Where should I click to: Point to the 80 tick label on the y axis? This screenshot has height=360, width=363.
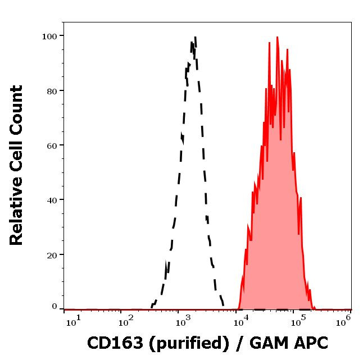point(51,90)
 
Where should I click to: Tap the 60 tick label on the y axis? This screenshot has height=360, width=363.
point(51,145)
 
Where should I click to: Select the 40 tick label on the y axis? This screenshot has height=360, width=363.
point(51,199)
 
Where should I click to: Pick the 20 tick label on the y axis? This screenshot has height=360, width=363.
point(51,254)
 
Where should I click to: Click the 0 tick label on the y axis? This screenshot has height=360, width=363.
point(55,307)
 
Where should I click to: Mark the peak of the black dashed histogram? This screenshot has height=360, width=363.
point(194,38)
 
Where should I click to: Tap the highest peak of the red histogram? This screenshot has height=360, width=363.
point(277,38)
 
